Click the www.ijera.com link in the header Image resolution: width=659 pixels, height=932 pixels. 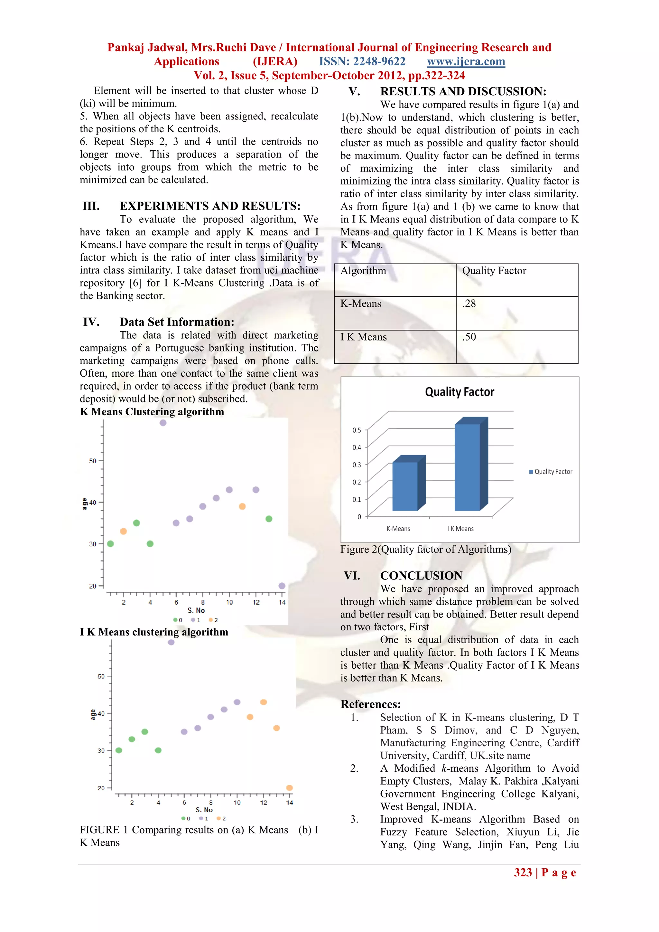466,62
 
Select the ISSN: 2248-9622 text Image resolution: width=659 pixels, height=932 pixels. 362,62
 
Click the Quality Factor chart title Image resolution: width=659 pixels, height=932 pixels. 459,392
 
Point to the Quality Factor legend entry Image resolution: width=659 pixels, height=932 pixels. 551,472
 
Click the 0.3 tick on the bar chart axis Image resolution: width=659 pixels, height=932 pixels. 356,465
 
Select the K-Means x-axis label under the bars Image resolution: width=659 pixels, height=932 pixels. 398,529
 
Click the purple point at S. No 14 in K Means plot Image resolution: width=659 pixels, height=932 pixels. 282,586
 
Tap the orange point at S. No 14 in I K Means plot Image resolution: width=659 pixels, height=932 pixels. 289,788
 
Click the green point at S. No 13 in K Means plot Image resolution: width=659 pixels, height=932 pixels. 269,519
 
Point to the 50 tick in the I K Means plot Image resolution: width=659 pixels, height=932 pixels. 101,676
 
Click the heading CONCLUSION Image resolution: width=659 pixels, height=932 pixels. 421,576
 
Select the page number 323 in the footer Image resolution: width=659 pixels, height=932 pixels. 523,873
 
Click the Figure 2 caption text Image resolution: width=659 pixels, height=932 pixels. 425,550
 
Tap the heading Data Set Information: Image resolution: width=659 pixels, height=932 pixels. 177,322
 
